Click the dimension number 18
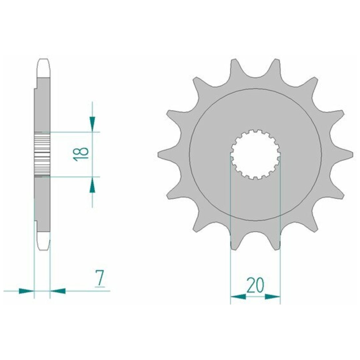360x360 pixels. point(81,154)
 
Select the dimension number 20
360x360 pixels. point(255,285)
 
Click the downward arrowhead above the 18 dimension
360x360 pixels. point(92,124)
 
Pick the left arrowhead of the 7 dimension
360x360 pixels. point(26,291)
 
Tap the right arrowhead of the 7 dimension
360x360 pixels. point(58,291)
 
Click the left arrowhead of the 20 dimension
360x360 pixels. point(238,297)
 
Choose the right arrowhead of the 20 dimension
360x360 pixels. point(273,297)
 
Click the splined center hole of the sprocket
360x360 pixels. point(256,155)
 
